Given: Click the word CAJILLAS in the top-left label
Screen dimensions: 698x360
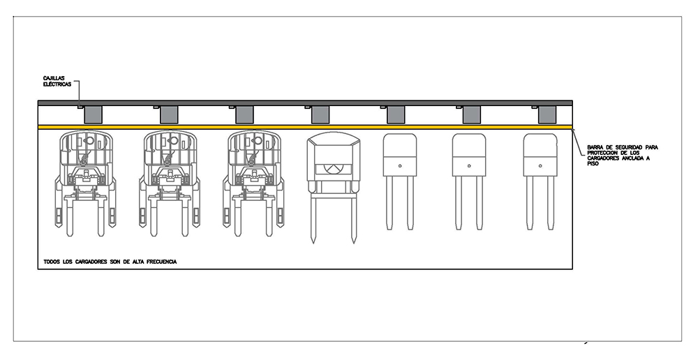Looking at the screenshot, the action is click(54, 78).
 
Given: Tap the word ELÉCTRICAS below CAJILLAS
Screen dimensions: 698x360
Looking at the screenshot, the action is click(57, 84).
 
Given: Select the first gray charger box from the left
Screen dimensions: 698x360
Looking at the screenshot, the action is click(93, 114).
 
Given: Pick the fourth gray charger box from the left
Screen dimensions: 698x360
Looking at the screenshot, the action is click(320, 114).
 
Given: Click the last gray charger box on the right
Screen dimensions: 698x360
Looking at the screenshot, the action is click(547, 114).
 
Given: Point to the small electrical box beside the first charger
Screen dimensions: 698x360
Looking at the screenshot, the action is click(80, 107).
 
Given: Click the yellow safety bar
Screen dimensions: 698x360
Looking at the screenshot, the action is click(305, 127).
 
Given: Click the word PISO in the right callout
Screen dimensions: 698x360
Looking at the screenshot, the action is click(592, 164).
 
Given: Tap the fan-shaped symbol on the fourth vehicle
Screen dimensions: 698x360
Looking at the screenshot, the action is click(333, 168).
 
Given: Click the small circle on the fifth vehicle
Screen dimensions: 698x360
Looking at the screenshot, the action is click(400, 166).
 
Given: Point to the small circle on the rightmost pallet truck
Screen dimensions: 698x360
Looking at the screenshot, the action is click(540, 166).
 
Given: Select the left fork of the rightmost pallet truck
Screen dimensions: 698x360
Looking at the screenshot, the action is click(530, 203).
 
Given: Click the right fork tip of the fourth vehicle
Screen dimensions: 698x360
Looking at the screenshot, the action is click(353, 243).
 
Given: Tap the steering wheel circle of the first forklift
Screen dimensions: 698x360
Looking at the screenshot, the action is click(89, 140).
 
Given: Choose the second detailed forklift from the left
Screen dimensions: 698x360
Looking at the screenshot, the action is click(169, 183).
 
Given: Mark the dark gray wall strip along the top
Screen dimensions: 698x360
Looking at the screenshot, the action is click(305, 103).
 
